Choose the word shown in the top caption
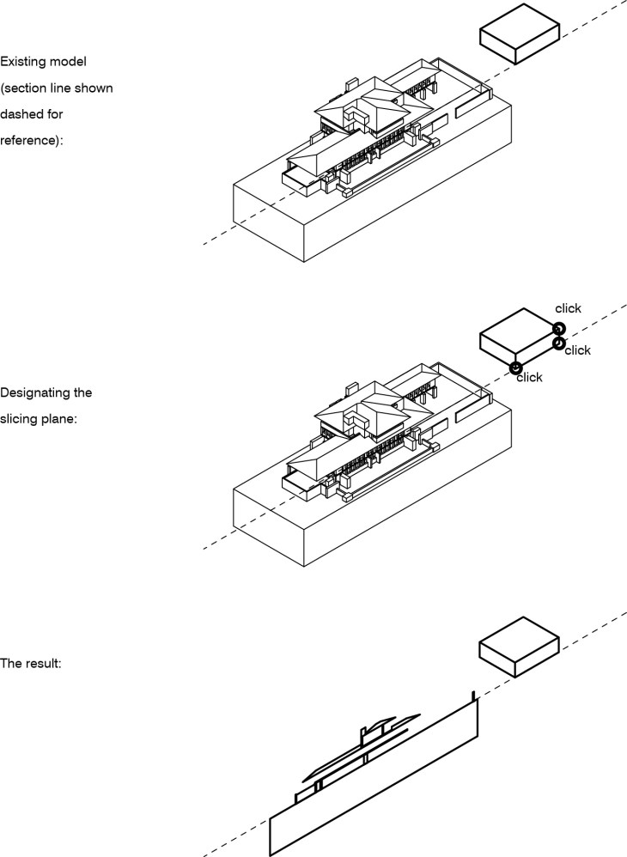pos(94,88)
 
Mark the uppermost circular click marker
pos(557,328)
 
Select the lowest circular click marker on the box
pos(515,368)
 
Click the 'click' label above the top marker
pos(568,308)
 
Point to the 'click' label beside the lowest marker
pos(529,378)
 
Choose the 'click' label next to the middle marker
pos(578,350)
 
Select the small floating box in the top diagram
pos(519,33)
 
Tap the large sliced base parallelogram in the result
pos(374,781)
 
